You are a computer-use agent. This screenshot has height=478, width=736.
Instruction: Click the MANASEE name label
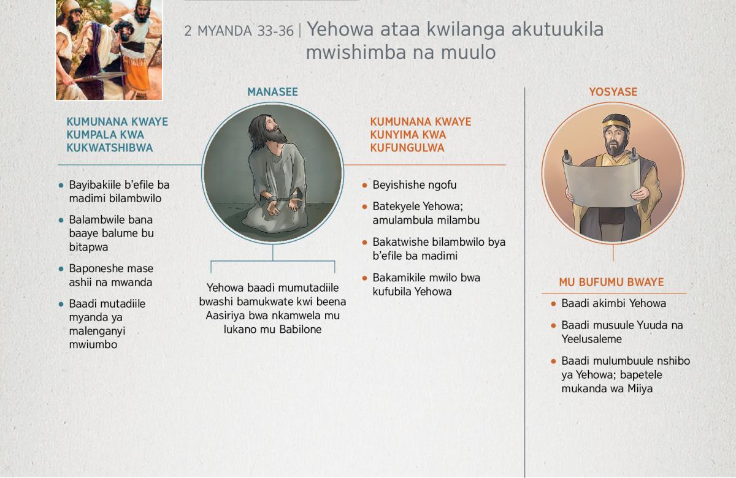tap(272, 91)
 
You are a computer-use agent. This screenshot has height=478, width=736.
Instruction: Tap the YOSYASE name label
tap(613, 91)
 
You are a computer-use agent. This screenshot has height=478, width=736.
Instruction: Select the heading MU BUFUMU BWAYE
tap(611, 282)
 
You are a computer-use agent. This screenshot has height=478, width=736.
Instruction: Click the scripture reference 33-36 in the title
tap(275, 31)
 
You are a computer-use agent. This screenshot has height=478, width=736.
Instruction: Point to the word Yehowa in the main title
tap(340, 29)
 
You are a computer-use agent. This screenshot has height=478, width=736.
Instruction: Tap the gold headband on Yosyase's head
tap(616, 124)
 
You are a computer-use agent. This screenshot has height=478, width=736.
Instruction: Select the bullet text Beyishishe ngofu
tap(415, 185)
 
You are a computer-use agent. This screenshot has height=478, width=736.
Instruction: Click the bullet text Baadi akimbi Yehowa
tap(613, 303)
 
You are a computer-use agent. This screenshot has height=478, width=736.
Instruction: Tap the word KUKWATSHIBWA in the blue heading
tap(110, 148)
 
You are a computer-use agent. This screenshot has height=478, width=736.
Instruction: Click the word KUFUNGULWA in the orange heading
tap(407, 148)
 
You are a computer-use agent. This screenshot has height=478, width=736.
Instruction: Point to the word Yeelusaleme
tap(591, 339)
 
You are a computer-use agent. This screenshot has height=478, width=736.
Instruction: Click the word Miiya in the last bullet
tap(640, 389)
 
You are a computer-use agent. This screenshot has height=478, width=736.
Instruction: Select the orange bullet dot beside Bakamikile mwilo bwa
tap(364, 278)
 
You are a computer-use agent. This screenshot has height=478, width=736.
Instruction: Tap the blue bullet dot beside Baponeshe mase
tap(61, 269)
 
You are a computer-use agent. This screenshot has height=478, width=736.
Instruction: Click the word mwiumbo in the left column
tap(93, 344)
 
